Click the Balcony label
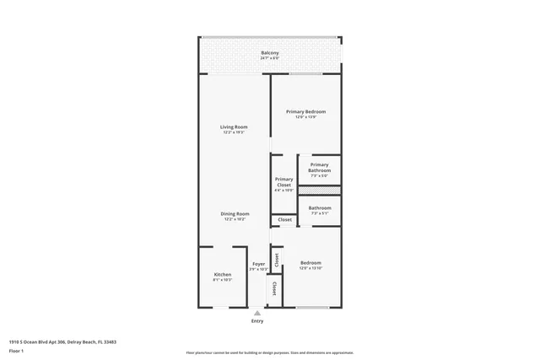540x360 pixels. click(x=270, y=53)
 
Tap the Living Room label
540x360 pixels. click(x=235, y=127)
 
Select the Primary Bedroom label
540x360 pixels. click(x=305, y=111)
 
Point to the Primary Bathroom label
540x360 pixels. click(x=319, y=168)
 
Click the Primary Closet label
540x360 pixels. click(x=283, y=181)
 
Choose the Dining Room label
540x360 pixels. click(x=235, y=214)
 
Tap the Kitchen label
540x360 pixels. click(x=223, y=274)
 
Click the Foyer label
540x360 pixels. click(x=258, y=264)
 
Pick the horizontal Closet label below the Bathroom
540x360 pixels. click(x=285, y=220)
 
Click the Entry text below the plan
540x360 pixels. click(x=257, y=321)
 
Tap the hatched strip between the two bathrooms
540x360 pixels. click(x=319, y=191)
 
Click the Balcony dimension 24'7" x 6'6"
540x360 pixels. click(x=270, y=59)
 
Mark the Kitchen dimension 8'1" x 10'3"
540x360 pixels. click(x=223, y=280)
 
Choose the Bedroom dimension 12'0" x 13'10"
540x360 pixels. click(x=310, y=268)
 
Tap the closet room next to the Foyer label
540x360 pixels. click(x=276, y=260)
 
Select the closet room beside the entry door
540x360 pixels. click(x=274, y=289)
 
